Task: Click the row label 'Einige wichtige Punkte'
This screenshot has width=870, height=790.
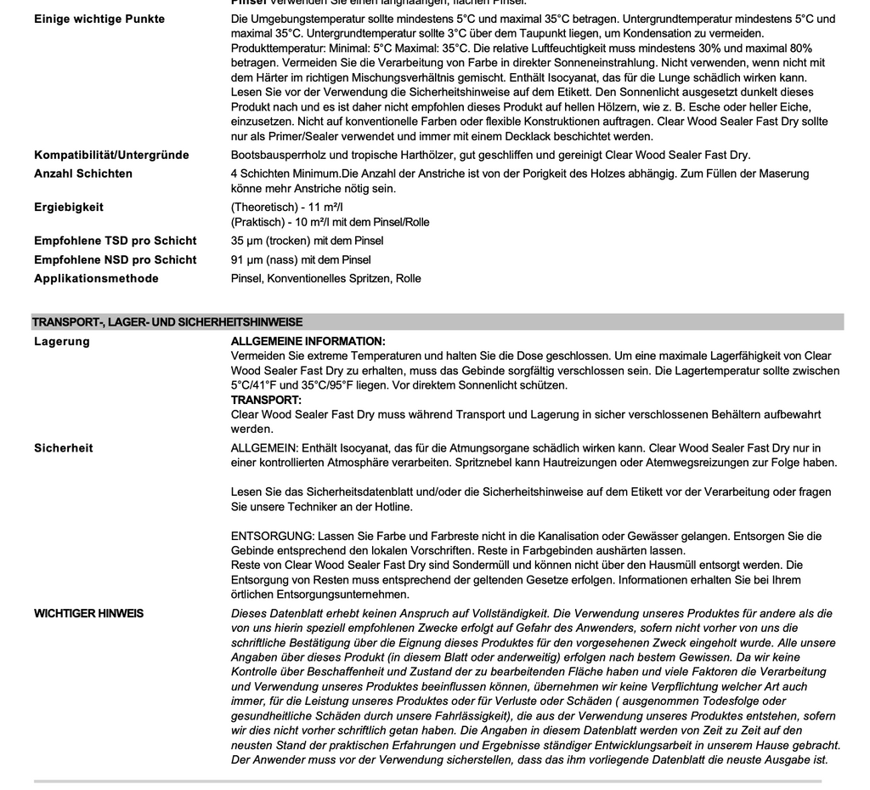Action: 99,19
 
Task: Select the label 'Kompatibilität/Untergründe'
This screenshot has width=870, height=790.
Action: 111,155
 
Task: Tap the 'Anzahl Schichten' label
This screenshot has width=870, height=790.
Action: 83,173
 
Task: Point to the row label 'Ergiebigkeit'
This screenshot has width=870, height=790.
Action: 69,207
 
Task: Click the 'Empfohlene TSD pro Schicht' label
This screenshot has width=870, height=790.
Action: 115,241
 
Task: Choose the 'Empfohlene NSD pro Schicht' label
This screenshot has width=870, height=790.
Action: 115,259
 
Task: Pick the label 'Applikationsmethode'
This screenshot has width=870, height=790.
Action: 96,278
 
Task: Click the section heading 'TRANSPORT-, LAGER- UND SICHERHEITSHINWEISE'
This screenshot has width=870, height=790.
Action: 167,322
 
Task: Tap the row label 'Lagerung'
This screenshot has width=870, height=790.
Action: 61,341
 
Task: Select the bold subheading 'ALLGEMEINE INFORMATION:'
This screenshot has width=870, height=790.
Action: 308,341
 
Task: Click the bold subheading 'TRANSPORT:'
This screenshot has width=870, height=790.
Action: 266,400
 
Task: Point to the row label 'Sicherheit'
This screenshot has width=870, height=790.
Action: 64,447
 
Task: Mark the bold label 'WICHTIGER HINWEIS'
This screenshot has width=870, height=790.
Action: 88,613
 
